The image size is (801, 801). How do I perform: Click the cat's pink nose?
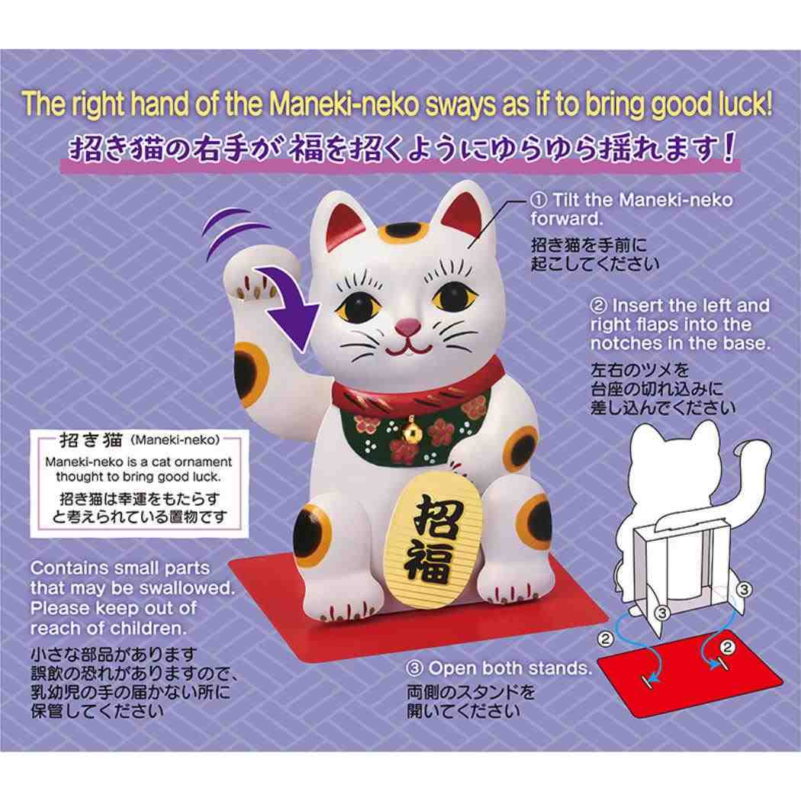pos(407,327)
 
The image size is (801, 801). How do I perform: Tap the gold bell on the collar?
pos(411,423)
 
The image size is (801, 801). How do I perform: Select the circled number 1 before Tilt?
pos(539,201)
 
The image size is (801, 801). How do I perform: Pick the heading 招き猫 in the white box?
pos(93,440)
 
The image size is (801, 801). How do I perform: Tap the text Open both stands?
pos(510,669)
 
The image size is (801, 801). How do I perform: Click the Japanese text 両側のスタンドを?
pos(471,694)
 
